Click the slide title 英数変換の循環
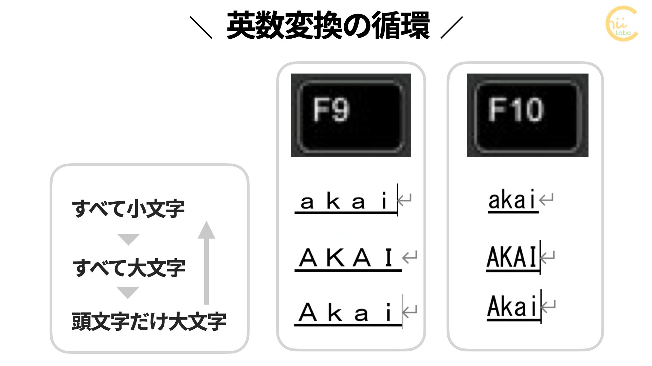(x=328, y=26)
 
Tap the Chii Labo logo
(x=621, y=24)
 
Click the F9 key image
(x=351, y=115)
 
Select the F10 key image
(x=527, y=115)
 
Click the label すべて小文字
(x=128, y=208)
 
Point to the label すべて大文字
(x=129, y=268)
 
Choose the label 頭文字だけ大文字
(x=149, y=321)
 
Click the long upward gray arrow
(x=206, y=263)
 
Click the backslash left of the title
(x=201, y=27)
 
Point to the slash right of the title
(x=452, y=27)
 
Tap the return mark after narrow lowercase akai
(x=546, y=199)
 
